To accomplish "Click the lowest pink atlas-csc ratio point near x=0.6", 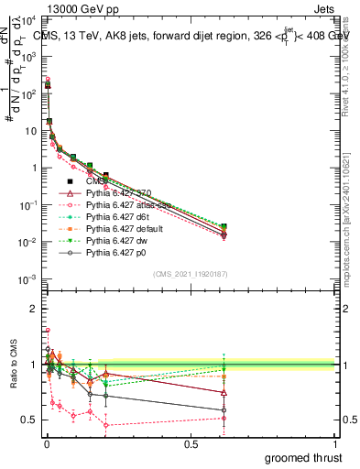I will [224, 418].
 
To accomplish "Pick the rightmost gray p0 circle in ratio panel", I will [224, 409].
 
